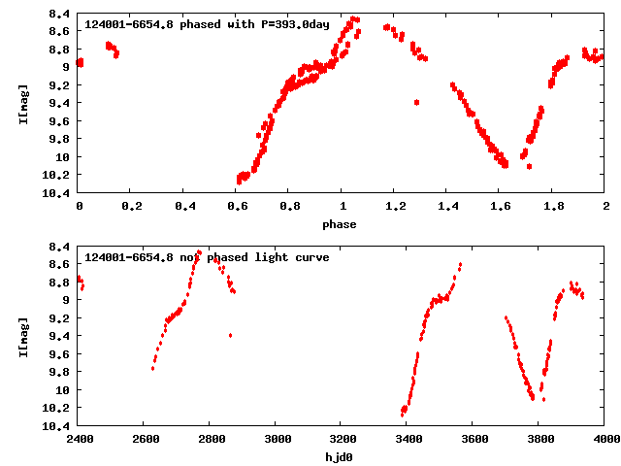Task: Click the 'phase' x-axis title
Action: tap(341, 224)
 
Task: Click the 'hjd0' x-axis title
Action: tap(341, 456)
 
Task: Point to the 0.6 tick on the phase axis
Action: tap(237, 207)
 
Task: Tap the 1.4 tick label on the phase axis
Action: tap(447, 207)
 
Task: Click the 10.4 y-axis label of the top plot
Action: tap(56, 193)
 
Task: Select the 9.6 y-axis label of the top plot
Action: tap(59, 121)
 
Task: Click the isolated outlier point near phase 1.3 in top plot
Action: tap(416, 102)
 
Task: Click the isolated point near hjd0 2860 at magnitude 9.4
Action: tap(230, 335)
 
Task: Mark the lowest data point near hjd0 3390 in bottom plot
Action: tap(402, 415)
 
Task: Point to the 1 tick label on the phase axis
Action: tap(342, 207)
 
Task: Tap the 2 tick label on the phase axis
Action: tap(605, 207)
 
